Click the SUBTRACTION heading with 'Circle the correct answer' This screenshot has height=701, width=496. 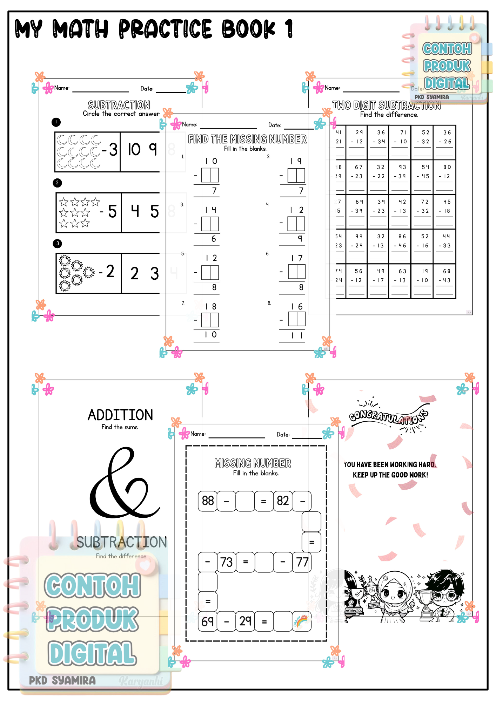tap(119, 105)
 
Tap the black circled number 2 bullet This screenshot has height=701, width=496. tap(57, 183)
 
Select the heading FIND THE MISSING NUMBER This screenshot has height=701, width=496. tap(247, 139)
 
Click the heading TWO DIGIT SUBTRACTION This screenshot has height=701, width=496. tap(386, 106)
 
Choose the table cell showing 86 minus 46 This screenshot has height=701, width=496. tap(400, 241)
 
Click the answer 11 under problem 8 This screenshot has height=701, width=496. tap(297, 335)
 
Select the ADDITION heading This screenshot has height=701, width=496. tap(120, 415)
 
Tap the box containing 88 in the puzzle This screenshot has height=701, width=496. tap(208, 501)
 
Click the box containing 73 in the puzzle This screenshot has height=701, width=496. tap(226, 562)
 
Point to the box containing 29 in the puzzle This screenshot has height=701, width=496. tap(245, 621)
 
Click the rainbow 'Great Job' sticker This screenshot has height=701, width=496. tap(302, 621)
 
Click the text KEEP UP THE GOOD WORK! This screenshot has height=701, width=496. tap(390, 475)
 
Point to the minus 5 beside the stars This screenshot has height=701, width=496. tap(108, 211)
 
